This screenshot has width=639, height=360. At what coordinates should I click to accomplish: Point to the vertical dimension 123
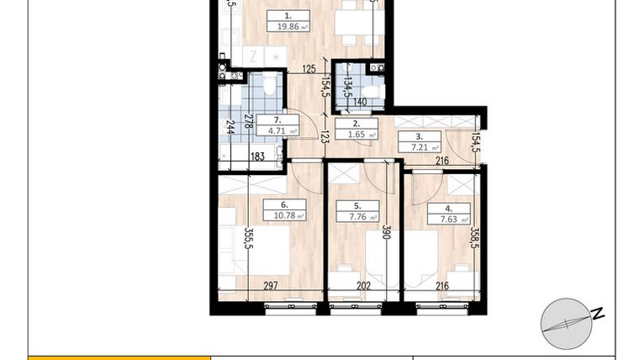pos(325,134)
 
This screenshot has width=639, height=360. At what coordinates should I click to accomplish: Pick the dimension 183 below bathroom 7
pos(257,157)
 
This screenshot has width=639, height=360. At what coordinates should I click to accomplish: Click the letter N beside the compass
pos(598,314)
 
